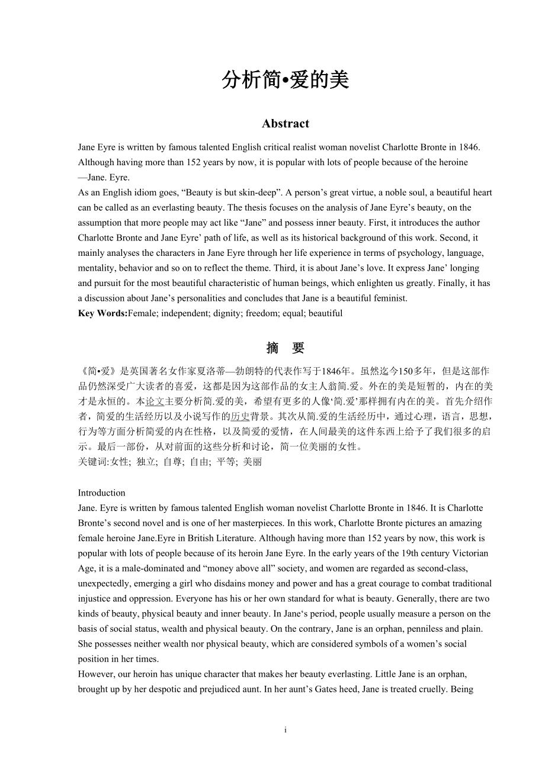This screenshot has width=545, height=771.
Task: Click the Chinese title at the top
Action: click(286, 80)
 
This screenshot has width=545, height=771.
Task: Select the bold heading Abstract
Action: click(286, 124)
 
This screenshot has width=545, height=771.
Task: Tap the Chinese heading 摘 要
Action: click(286, 348)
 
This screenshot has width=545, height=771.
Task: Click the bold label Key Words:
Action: click(103, 313)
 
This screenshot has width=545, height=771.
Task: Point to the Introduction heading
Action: click(102, 493)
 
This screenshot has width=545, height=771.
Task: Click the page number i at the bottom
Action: click(286, 731)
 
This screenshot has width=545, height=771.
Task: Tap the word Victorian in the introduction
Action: click(468, 553)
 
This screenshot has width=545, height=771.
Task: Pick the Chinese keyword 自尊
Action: click(172, 461)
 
